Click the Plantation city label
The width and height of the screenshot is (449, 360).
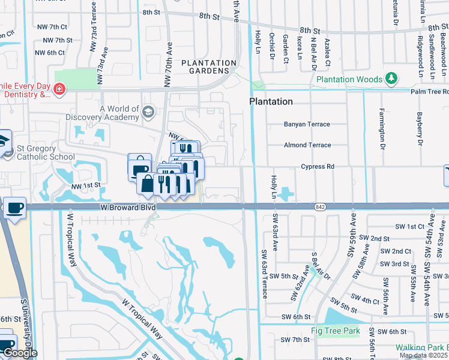(x=271, y=101)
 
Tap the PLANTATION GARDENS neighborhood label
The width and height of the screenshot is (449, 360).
(x=209, y=67)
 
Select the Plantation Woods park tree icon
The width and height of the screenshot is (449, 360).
(x=391, y=79)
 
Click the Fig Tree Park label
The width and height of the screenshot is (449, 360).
(x=334, y=331)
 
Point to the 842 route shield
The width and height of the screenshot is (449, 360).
(x=319, y=207)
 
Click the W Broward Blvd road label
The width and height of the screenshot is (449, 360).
(x=128, y=207)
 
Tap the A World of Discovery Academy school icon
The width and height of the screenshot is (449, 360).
(x=148, y=112)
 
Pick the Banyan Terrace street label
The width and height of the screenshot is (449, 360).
(x=307, y=124)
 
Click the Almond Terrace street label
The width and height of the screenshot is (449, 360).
(x=307, y=145)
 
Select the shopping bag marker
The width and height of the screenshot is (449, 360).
(x=146, y=183)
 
